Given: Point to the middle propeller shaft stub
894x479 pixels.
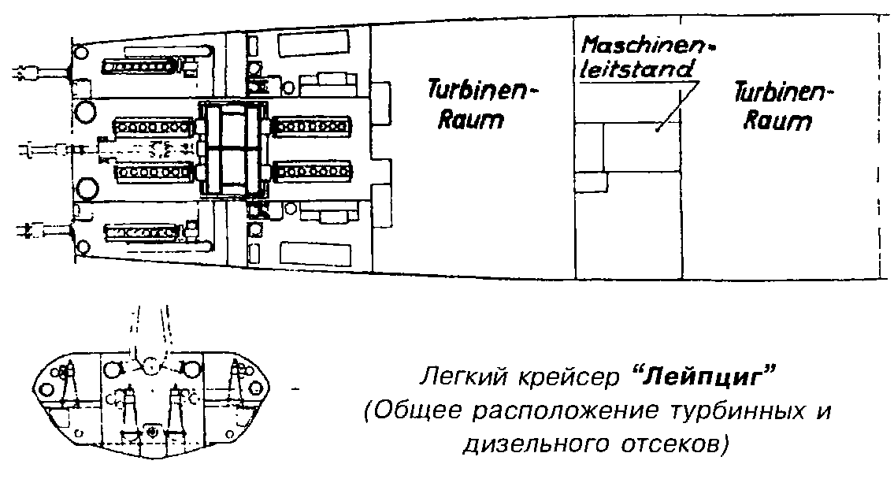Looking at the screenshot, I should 47,147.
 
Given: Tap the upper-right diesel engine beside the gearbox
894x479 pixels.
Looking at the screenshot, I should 312,126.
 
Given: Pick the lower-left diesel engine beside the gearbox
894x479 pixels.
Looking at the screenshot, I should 154,171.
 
